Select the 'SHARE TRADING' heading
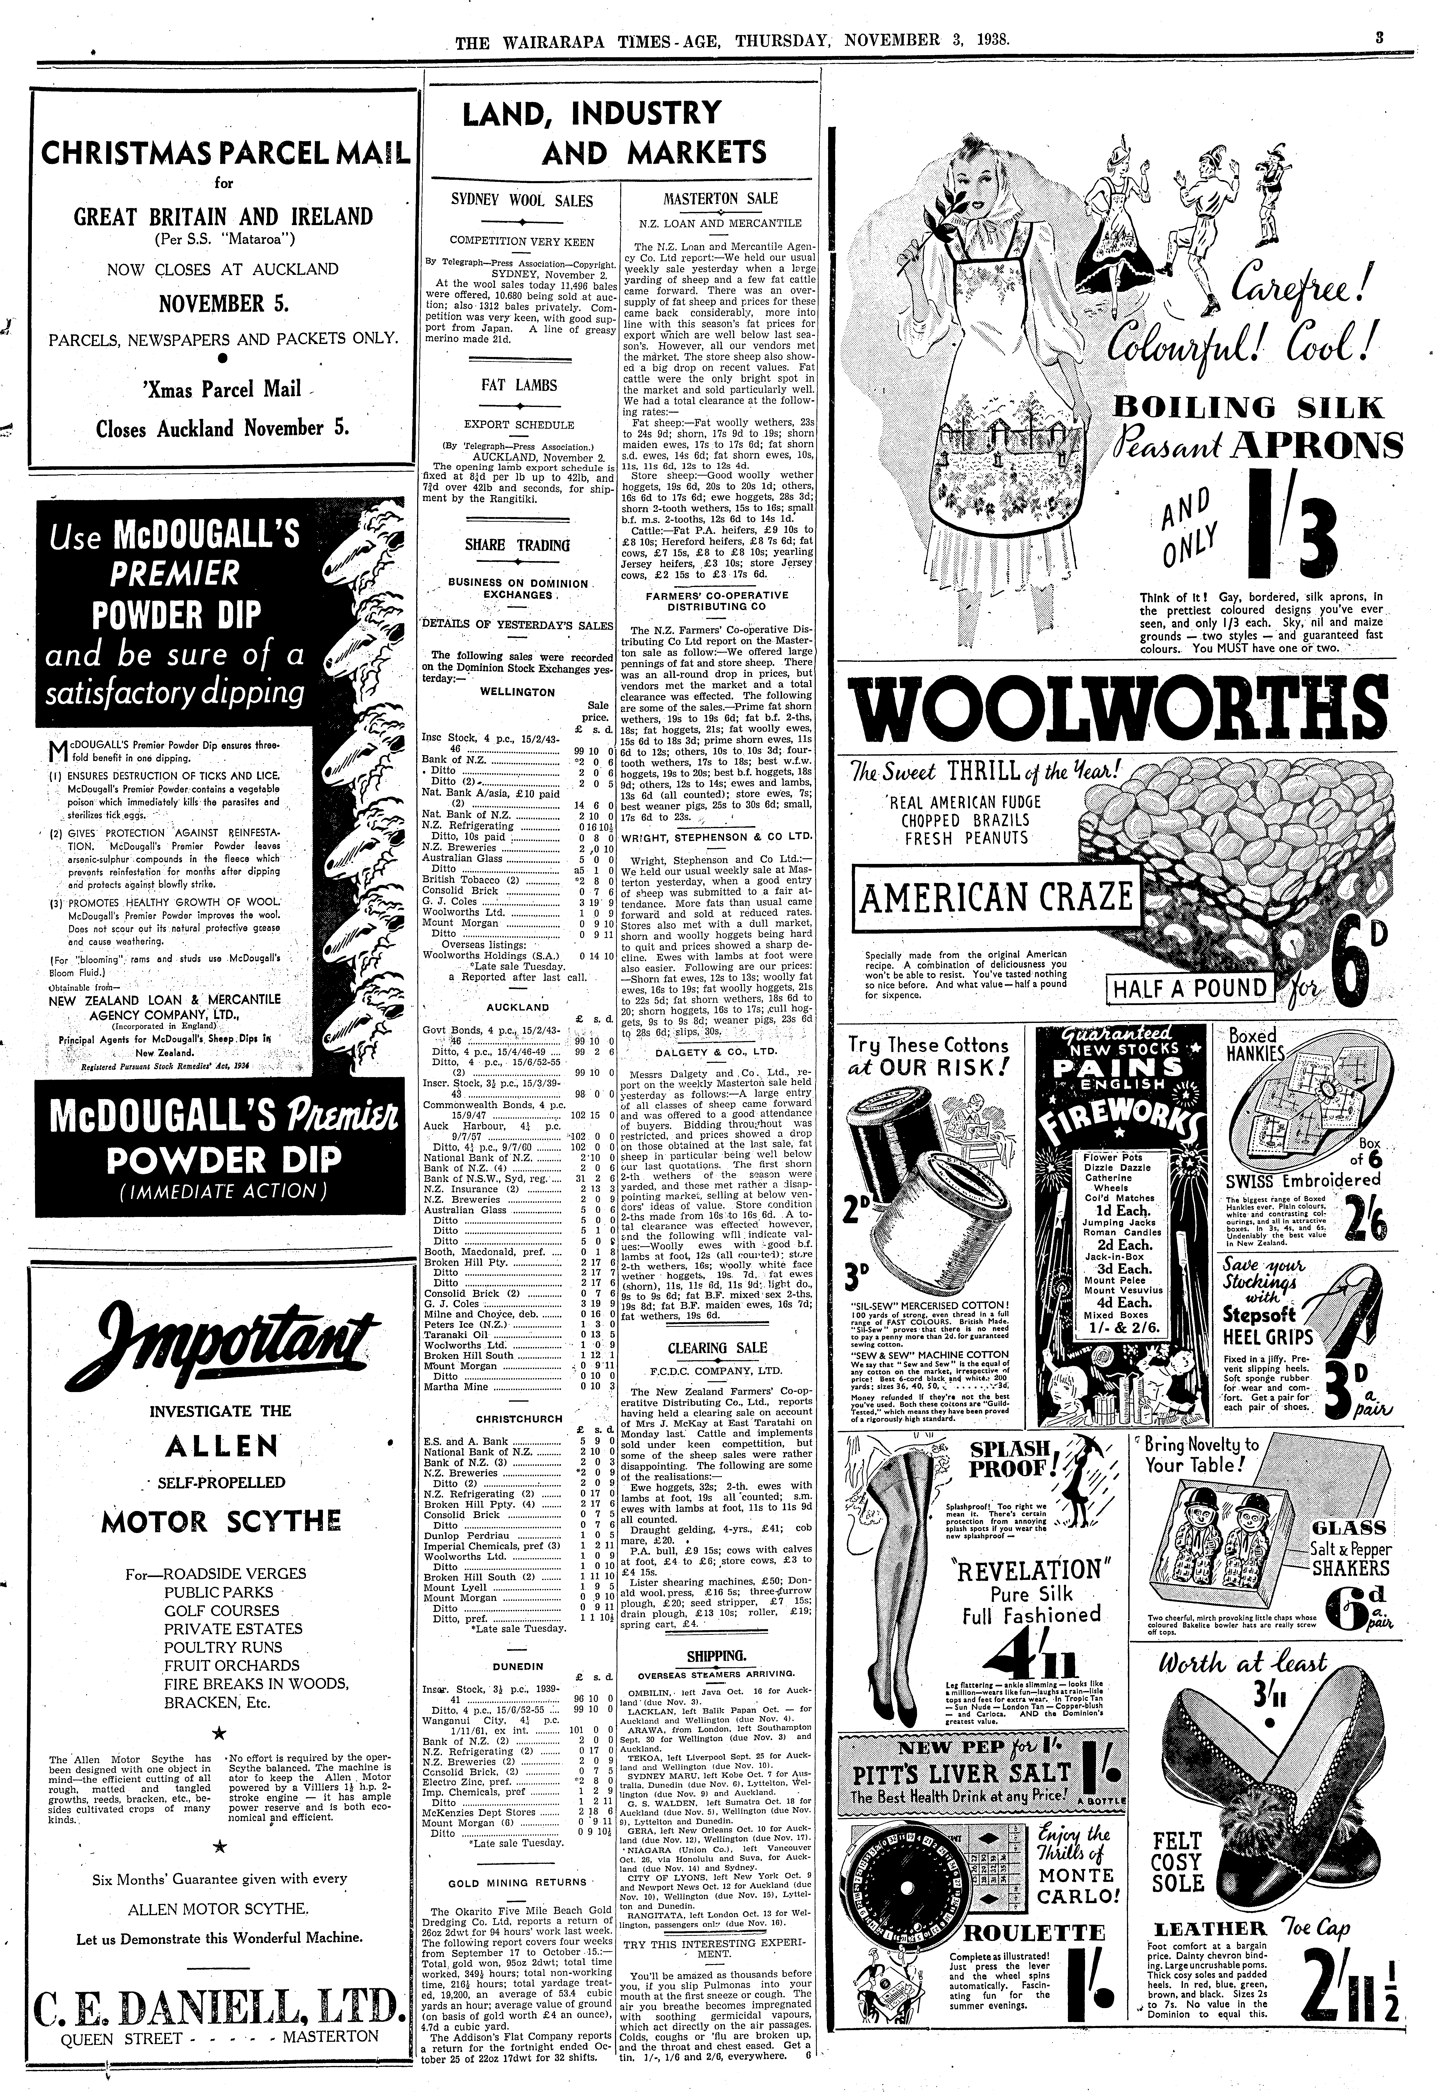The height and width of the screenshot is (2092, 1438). point(517,545)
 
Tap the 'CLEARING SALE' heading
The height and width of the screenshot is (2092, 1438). point(717,1348)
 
